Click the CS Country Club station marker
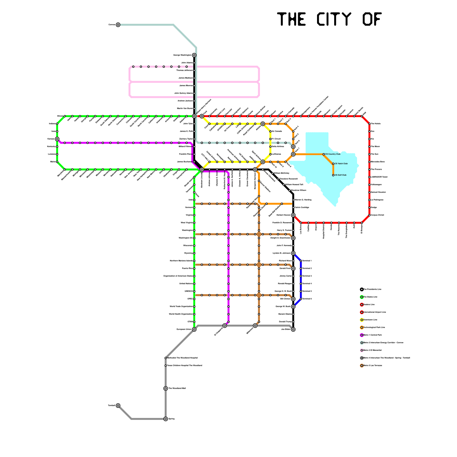pos(324,154)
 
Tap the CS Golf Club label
pos(340,175)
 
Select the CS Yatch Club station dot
pos(333,164)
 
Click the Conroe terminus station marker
pos(118,25)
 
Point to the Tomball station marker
pos(118,406)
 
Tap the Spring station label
pos(171,419)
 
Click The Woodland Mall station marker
pos(166,388)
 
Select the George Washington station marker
pos(194,55)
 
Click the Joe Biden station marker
pos(293,329)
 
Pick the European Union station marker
pos(194,329)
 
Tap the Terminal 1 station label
pos(307,261)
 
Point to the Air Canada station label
pos(277,131)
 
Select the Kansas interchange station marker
pos(57,139)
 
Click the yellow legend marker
pos(362,320)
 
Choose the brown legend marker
pos(362,366)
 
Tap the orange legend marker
pos(362,328)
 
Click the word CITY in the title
pos(334,19)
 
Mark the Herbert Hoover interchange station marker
pos(293,215)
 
